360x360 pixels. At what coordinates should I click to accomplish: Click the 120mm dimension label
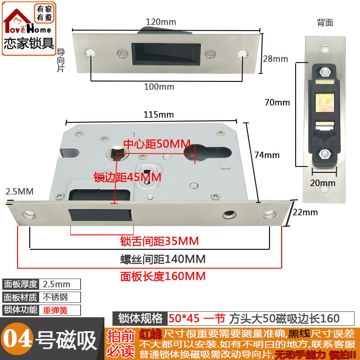[161, 22]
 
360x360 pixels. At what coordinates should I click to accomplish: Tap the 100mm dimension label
[159, 86]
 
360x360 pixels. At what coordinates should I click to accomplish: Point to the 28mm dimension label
[275, 59]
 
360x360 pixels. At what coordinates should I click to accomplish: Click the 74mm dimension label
[267, 155]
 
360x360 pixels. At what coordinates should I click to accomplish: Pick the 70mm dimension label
[277, 102]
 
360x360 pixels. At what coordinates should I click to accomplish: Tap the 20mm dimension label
[323, 183]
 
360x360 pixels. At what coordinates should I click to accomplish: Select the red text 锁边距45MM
[127, 177]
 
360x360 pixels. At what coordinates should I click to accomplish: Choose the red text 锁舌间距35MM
[159, 241]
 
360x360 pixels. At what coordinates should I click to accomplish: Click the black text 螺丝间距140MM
[162, 260]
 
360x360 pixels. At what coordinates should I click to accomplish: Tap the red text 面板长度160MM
[162, 276]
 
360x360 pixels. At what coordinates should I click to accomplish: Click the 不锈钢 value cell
[60, 297]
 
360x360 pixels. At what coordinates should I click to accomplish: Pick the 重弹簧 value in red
[60, 310]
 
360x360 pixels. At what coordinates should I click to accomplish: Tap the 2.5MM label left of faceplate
[19, 192]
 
